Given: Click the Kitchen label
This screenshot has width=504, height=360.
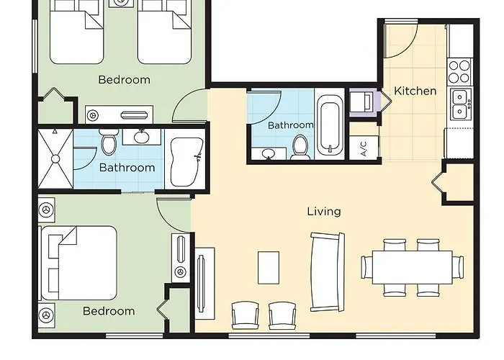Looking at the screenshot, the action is coord(415,91).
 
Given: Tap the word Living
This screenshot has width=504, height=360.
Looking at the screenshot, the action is coord(324,212).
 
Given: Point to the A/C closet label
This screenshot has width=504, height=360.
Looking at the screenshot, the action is coord(364,148).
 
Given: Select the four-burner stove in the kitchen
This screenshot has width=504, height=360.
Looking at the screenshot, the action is coord(460,72).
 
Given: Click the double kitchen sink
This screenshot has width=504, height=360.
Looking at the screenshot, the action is coord(461,104).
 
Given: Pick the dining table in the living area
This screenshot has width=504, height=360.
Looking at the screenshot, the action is coord(412,267).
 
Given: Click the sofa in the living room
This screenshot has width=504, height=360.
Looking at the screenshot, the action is coord(327,272).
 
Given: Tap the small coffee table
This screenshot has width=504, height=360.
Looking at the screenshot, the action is coord(269,268).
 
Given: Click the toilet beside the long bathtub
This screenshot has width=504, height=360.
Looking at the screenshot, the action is coord(300,147).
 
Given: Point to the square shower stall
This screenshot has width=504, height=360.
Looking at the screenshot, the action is coord(55,158).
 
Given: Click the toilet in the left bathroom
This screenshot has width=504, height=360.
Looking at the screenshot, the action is coord(109,142).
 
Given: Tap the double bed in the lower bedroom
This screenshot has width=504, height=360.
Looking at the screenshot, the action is coord(78,263).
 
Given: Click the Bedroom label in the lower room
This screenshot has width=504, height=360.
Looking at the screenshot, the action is coord(109,311).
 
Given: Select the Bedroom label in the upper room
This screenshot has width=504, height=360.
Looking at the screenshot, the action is coord(124,80).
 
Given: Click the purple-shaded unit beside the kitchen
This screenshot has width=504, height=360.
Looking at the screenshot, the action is coord(365,102).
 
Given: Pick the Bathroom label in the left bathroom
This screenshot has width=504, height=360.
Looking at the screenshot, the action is coord(127,168).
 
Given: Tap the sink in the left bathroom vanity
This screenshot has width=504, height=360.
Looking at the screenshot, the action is coord(141,137).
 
